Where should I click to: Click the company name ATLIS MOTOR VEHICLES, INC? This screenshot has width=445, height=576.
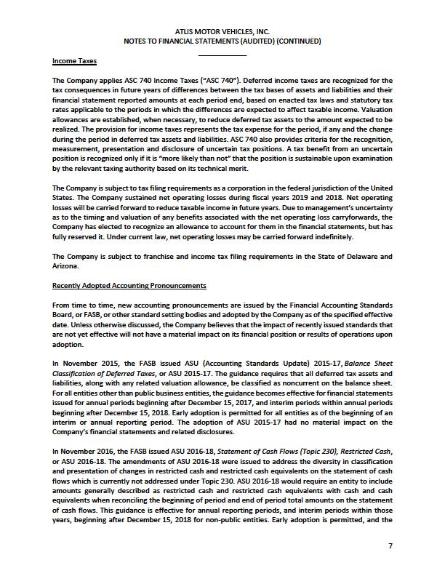click(222, 31)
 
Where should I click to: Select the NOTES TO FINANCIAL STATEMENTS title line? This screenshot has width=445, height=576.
click(222, 41)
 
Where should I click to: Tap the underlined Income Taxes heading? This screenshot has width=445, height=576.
click(75, 61)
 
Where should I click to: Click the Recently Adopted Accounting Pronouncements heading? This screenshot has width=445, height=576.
click(129, 285)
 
